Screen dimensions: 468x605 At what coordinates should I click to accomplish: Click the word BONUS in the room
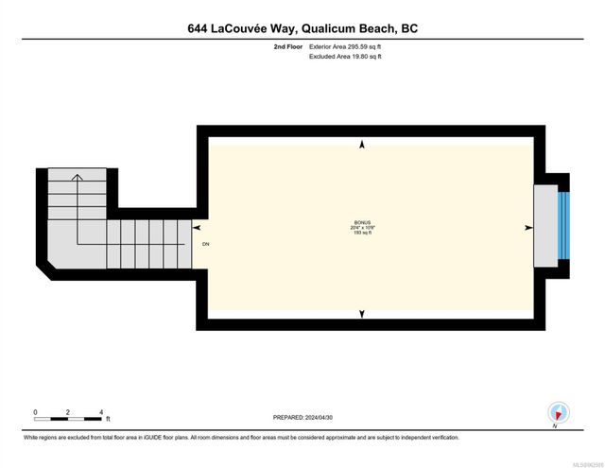tap(363, 222)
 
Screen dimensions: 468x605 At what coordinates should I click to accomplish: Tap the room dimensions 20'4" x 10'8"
tap(363, 228)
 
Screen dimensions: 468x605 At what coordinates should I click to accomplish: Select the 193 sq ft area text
tap(363, 234)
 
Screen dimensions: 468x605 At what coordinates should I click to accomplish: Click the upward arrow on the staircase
tap(78, 176)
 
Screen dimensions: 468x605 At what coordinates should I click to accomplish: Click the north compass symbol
tap(560, 413)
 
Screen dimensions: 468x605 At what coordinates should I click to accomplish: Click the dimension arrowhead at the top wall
tap(362, 145)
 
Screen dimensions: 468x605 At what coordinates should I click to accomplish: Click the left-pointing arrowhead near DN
tap(197, 228)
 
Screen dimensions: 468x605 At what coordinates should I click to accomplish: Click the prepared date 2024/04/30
tap(324, 416)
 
